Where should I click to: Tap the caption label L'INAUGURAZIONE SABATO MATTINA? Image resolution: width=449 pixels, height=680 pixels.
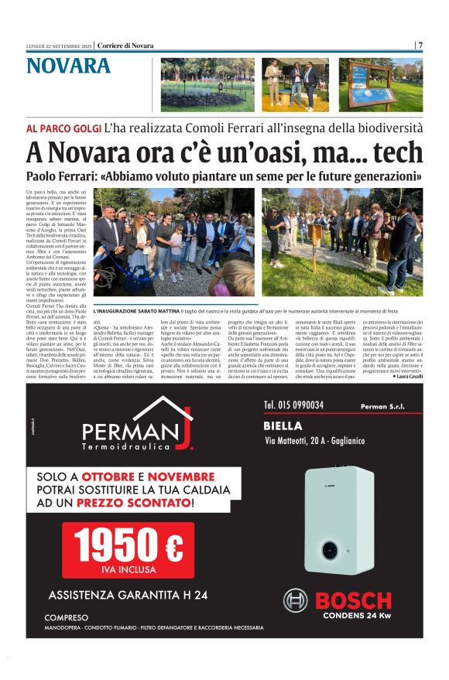tap(134, 310)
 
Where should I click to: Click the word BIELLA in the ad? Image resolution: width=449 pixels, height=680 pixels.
tap(283, 425)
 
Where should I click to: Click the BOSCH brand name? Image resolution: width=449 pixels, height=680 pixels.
tap(352, 601)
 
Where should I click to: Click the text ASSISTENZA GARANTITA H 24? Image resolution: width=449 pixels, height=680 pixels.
tap(128, 595)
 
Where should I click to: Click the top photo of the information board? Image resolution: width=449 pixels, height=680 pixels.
tap(380, 85)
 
